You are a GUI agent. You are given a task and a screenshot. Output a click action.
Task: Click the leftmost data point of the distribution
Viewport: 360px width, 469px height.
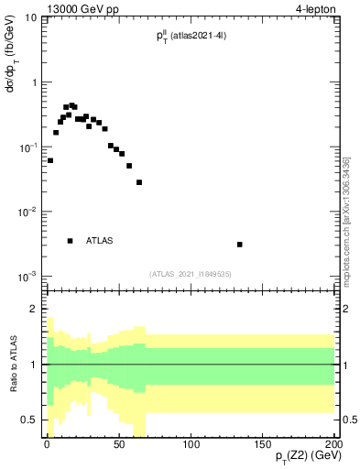tap(50, 160)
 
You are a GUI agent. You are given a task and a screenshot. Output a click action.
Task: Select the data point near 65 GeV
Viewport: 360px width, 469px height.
tap(139, 182)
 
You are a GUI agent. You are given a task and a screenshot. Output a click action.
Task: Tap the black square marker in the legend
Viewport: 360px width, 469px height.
tap(70, 241)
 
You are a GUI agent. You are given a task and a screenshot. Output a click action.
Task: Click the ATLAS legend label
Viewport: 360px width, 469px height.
tap(100, 241)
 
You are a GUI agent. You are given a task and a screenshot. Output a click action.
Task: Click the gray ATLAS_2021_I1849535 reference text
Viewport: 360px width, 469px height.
tap(191, 273)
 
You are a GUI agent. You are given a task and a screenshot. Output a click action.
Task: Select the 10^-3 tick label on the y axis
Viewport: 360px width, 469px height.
tap(28, 276)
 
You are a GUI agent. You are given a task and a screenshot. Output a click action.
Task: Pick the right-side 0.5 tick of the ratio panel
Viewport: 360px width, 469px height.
tap(350, 420)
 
